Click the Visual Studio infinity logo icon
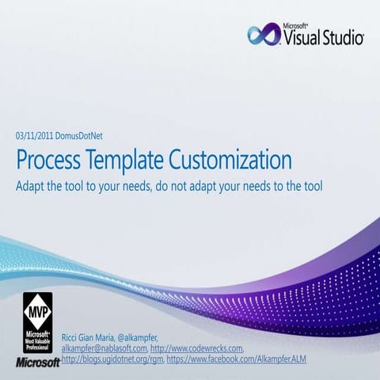(x=262, y=35)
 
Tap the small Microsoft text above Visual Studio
(x=294, y=25)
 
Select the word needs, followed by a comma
(x=132, y=188)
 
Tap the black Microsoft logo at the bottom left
(x=37, y=363)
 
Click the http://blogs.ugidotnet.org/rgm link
(x=110, y=360)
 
